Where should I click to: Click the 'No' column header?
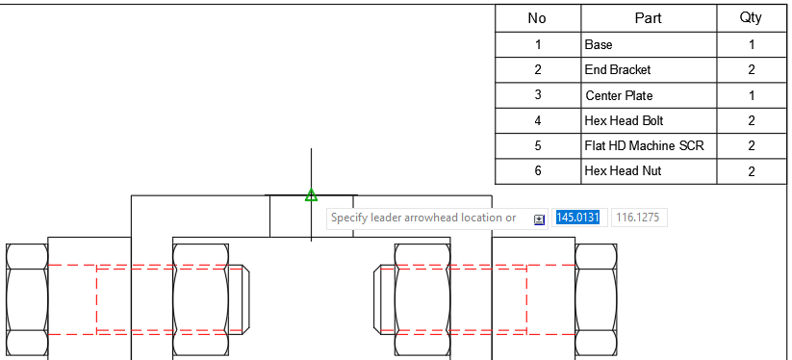538,18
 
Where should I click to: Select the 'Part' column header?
648,18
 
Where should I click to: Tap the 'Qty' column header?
751,18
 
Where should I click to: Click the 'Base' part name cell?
599,44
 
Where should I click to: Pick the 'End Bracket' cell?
618,69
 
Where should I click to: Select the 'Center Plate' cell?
619,95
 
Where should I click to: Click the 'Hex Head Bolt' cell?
624,120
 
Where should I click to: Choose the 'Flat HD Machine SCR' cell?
644,145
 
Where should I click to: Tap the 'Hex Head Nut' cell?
622,171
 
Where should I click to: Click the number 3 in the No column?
538,95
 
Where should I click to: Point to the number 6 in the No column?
538,171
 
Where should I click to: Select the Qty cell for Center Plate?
751,95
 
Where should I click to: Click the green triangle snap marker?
311,195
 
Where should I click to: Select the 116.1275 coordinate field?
638,219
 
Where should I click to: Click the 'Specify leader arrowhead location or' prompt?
423,219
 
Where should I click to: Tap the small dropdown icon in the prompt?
539,219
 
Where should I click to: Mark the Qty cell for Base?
751,44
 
